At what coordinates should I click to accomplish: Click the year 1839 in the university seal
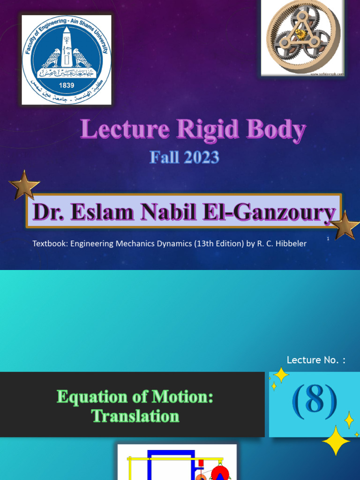[x=67, y=85]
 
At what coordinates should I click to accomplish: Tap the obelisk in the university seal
[x=67, y=47]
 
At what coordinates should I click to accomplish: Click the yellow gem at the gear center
[x=300, y=33]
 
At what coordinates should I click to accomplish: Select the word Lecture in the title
[x=124, y=130]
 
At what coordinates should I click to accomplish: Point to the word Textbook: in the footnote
[x=50, y=244]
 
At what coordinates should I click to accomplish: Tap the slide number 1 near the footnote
[x=328, y=239]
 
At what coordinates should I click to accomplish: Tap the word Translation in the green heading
[x=135, y=416]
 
